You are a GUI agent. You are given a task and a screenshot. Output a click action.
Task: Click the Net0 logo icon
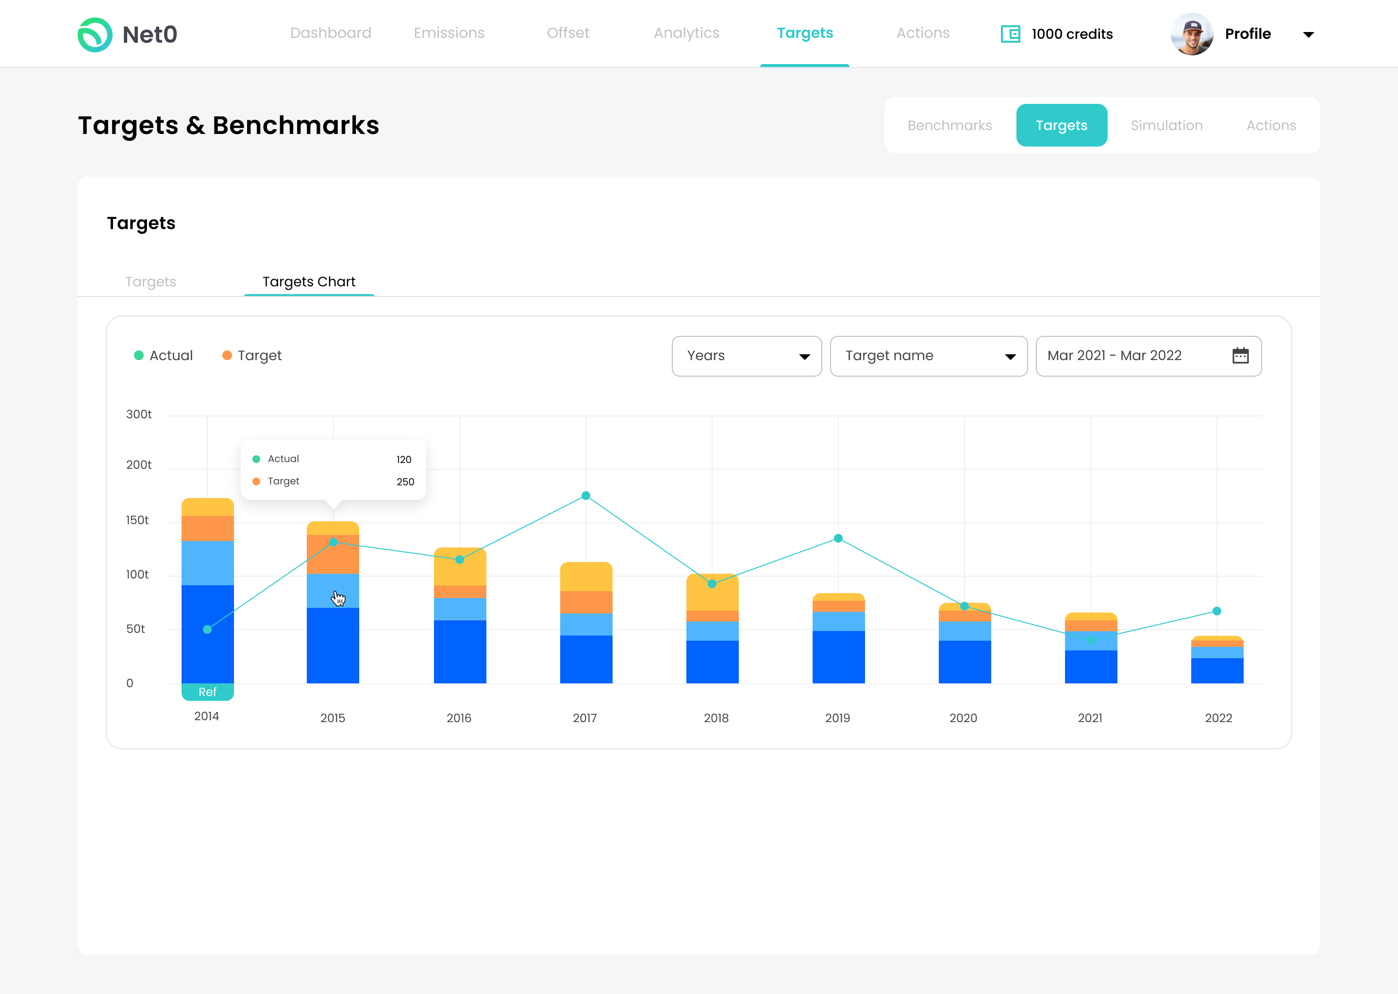coord(95,34)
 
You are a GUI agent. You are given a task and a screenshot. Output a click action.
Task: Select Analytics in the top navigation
coord(686,33)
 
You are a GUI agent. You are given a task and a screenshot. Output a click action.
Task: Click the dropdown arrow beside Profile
coord(1308,35)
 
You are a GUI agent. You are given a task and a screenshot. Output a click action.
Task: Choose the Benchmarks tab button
coord(949,126)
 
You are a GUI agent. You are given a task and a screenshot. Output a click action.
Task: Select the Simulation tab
coord(1166,126)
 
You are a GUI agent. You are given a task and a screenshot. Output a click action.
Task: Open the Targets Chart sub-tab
coord(309,282)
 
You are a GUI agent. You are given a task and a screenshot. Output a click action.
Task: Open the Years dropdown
coord(746,356)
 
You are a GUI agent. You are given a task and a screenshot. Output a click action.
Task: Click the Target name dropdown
coord(928,356)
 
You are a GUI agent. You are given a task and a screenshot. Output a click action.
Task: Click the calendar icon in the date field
coord(1240,356)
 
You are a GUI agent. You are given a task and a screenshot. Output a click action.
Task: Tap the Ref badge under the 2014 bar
coord(207,692)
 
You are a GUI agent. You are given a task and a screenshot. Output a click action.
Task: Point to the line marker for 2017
coord(586,496)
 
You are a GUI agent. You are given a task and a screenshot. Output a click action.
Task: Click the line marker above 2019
coord(838,539)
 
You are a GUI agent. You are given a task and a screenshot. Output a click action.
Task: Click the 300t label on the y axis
coord(139,414)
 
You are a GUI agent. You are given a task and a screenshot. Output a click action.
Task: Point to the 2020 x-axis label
coord(963,718)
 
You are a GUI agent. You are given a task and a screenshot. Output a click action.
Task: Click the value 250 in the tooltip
coord(405,481)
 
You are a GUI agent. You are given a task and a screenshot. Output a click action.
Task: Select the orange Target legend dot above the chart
coord(227,356)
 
